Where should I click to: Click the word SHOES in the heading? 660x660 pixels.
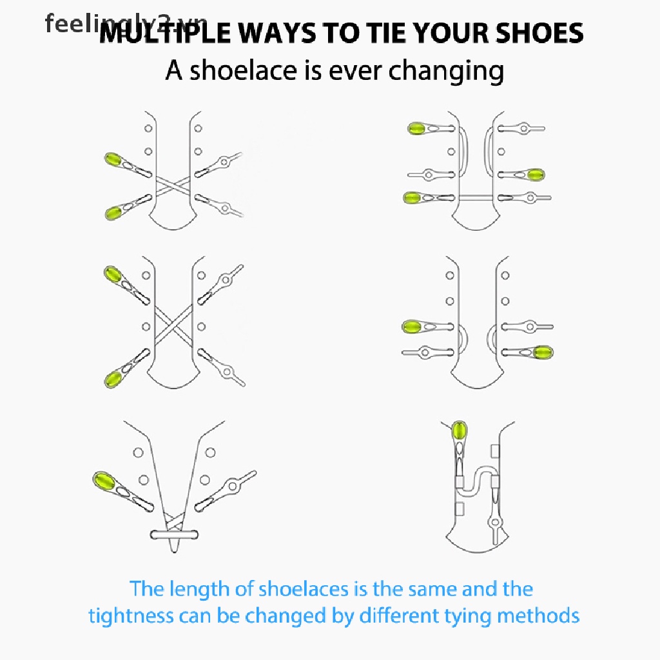click(x=539, y=33)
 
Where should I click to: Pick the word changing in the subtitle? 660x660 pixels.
click(x=446, y=72)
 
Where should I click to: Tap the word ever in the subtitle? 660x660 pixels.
click(x=355, y=72)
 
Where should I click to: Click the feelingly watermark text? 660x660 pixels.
click(x=126, y=24)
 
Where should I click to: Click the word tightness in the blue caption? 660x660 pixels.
click(x=131, y=616)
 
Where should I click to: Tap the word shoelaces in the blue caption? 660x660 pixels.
click(x=304, y=588)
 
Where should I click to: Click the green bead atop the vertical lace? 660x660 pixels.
click(x=459, y=430)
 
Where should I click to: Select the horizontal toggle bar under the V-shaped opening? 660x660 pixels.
click(x=174, y=535)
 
